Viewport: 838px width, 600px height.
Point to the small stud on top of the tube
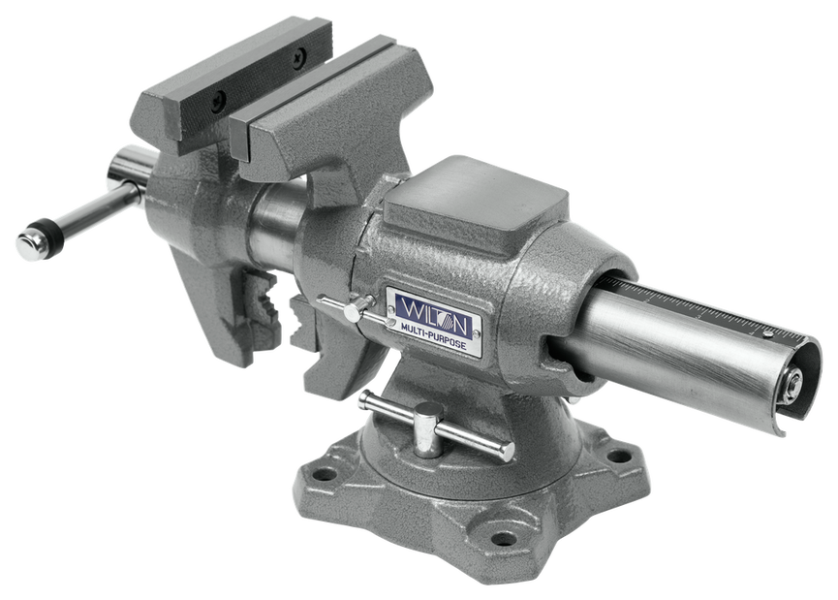point(768,334)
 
